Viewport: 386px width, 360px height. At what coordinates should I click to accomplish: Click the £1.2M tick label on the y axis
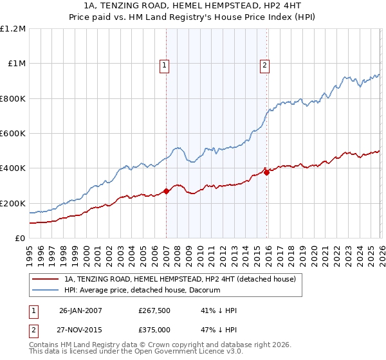(x=14, y=29)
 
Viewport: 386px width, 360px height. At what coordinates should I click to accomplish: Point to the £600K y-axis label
(x=13, y=134)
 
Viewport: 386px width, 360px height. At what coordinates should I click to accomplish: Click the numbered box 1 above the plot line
(x=165, y=65)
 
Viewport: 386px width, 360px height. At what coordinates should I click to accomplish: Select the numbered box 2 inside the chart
(x=264, y=65)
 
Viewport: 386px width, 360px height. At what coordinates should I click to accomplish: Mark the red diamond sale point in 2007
(x=166, y=191)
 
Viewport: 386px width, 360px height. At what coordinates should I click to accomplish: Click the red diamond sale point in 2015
(x=266, y=172)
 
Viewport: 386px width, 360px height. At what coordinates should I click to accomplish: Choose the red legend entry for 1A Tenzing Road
(x=179, y=279)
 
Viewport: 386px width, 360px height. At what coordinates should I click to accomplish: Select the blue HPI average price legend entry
(x=142, y=291)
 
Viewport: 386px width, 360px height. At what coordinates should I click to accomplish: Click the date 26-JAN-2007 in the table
(x=80, y=310)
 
